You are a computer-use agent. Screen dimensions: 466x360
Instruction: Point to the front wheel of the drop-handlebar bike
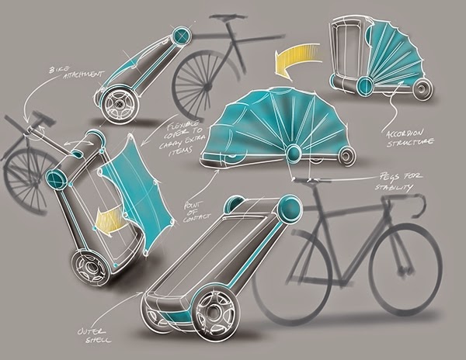tap(405, 268)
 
